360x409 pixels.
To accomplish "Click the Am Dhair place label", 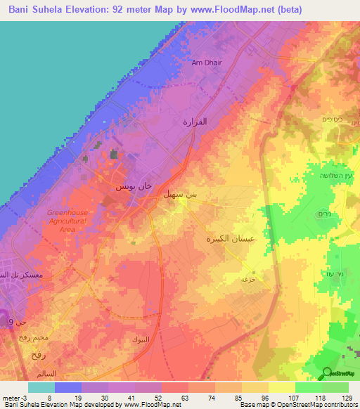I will [206, 63].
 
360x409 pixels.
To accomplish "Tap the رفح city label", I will [39, 356].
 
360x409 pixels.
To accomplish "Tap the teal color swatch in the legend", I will [41, 387].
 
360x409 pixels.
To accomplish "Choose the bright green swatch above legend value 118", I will [309, 387].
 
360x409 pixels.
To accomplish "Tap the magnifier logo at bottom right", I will [327, 372].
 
